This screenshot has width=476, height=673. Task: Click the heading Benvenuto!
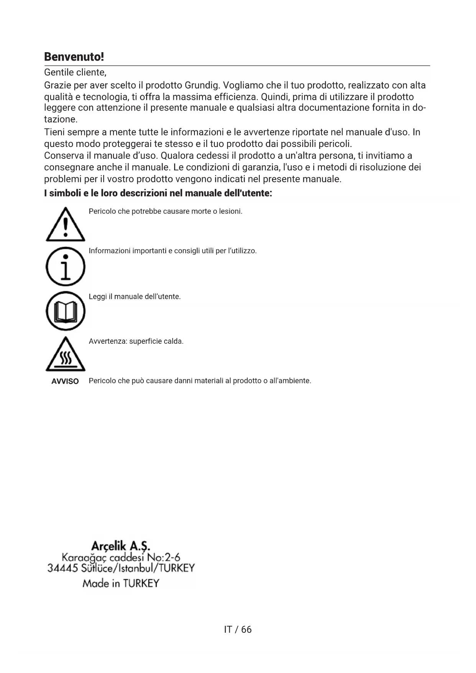(74, 57)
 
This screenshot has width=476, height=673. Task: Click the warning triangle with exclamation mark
(65, 225)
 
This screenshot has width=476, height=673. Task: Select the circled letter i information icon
(65, 266)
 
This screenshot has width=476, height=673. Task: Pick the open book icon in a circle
(65, 311)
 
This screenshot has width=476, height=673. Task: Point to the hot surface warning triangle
(65, 355)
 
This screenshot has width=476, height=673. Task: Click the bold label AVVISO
(65, 381)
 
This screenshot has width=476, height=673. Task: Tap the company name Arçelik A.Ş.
(120, 546)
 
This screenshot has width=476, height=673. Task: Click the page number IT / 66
(238, 629)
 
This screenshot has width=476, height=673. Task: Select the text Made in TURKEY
(120, 584)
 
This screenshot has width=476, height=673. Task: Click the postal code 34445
(63, 568)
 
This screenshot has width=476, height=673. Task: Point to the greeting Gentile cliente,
(75, 72)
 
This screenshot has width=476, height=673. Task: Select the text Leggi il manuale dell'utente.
(135, 297)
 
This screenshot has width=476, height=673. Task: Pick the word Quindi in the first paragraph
(274, 97)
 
